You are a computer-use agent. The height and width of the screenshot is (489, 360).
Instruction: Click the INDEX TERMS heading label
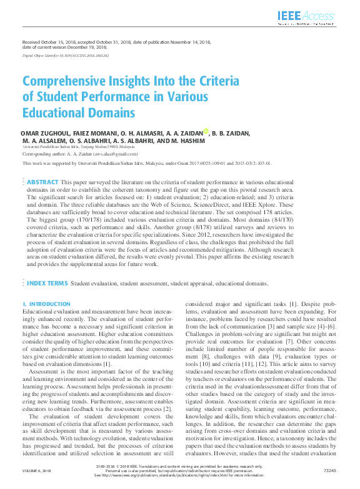[x=47, y=283]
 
